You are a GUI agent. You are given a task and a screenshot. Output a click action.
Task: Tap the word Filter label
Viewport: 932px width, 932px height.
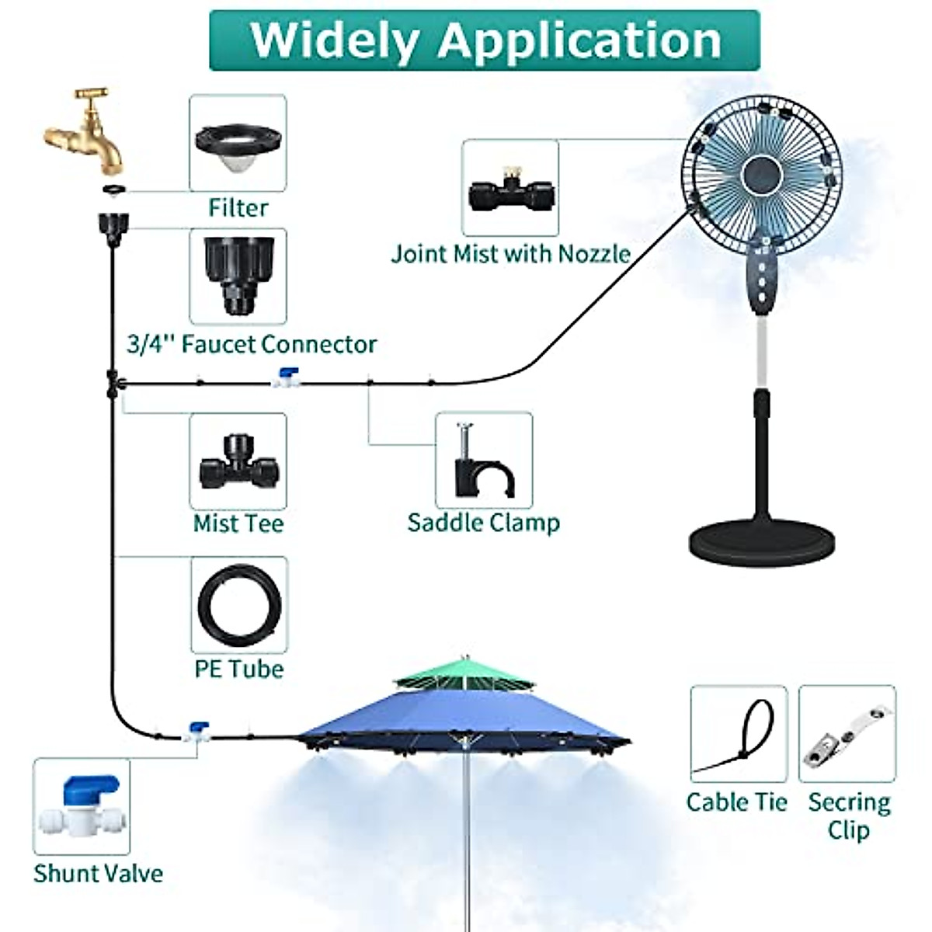tap(238, 207)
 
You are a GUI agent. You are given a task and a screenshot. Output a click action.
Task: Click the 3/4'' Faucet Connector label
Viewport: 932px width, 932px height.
tap(252, 343)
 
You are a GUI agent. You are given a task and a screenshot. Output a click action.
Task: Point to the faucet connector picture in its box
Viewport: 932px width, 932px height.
tap(238, 276)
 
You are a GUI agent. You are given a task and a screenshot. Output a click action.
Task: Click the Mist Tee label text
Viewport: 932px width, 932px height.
tap(238, 523)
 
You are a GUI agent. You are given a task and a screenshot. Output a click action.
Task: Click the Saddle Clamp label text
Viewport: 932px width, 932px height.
tap(483, 522)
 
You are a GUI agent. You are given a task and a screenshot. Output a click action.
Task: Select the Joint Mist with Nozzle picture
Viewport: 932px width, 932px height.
tap(509, 189)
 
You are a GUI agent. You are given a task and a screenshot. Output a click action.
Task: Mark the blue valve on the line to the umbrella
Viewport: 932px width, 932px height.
tap(197, 731)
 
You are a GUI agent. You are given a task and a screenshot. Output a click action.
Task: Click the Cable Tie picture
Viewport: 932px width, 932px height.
tap(739, 735)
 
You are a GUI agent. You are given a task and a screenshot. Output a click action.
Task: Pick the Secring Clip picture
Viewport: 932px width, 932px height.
tap(847, 735)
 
